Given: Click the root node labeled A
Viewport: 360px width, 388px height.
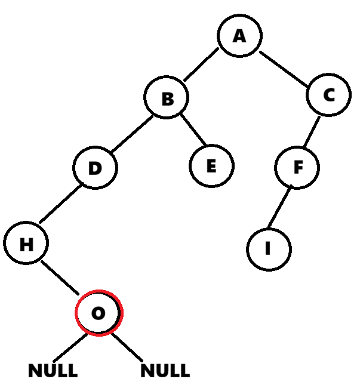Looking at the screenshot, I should [239, 36].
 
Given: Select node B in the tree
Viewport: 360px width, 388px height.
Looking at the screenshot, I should [167, 98].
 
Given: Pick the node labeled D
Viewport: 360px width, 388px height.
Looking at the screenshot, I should [96, 168].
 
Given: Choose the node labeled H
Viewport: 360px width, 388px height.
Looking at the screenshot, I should [26, 244].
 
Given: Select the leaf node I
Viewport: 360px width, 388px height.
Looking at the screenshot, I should [269, 248].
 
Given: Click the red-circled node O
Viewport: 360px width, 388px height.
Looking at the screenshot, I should [99, 313].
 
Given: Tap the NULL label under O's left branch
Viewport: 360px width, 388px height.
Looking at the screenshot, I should [53, 371].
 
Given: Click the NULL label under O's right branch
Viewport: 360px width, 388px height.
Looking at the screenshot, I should [165, 371].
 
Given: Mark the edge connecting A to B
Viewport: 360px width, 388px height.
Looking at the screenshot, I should [201, 65].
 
